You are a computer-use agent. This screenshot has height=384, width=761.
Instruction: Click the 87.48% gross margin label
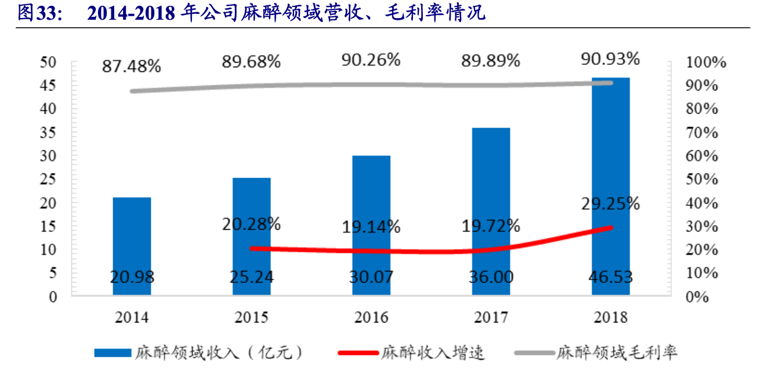pyautogui.click(x=131, y=66)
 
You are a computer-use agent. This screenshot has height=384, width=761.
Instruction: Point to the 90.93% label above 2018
pyautogui.click(x=610, y=59)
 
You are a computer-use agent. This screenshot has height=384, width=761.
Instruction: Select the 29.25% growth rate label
pyautogui.click(x=610, y=204)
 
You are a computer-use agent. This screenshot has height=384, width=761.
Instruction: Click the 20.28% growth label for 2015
pyautogui.click(x=251, y=223)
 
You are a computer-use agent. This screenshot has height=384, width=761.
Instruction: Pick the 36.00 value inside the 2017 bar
pyautogui.click(x=491, y=277)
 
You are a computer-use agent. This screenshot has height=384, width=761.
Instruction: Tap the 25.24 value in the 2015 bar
pyautogui.click(x=251, y=277)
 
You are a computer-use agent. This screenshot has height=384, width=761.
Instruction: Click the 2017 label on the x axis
pyautogui.click(x=491, y=317)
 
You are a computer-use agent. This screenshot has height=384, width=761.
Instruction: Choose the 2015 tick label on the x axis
pyautogui.click(x=251, y=317)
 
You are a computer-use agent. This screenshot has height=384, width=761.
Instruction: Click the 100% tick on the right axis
pyautogui.click(x=706, y=63)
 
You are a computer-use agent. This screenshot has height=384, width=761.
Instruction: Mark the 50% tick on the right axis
pyautogui.click(x=706, y=179)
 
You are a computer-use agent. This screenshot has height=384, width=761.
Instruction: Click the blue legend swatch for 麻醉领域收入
pyautogui.click(x=113, y=352)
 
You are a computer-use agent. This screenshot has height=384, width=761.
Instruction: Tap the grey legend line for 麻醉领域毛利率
pyautogui.click(x=532, y=352)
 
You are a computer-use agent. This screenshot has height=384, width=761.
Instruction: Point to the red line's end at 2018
pyautogui.click(x=610, y=227)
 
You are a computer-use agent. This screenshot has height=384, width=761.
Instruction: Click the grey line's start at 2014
pyautogui.click(x=132, y=91)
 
